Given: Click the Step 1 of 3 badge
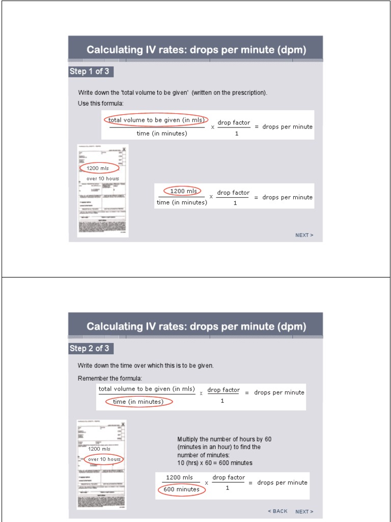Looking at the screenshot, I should pos(89,71).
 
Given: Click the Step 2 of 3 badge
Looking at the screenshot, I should pos(90,349).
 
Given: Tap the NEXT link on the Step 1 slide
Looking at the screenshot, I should pos(304,235).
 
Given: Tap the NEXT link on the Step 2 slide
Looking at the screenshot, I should pos(304,511).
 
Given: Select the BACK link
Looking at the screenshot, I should pos(277,511).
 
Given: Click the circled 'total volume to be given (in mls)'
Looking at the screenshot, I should pos(156,120).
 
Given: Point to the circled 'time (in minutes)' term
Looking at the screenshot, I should pos(138,402).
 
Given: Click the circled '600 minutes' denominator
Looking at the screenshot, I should pos(181,489).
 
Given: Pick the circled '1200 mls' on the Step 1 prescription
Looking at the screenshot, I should pos(99,168).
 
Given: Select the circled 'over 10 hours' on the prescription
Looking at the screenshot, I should pos(104,459).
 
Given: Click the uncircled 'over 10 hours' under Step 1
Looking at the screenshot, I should pos(102,178).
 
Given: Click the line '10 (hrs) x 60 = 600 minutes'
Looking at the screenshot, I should pos(214,463).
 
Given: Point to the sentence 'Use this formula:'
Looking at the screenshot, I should pos(100,103).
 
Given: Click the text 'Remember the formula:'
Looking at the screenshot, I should pos(109,378).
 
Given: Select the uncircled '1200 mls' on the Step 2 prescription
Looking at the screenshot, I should pos(99,449).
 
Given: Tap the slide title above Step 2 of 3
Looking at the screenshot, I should pos(196,326).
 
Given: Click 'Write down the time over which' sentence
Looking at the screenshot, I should pos(145,366).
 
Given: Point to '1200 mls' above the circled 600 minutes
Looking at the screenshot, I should pos(179,478).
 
